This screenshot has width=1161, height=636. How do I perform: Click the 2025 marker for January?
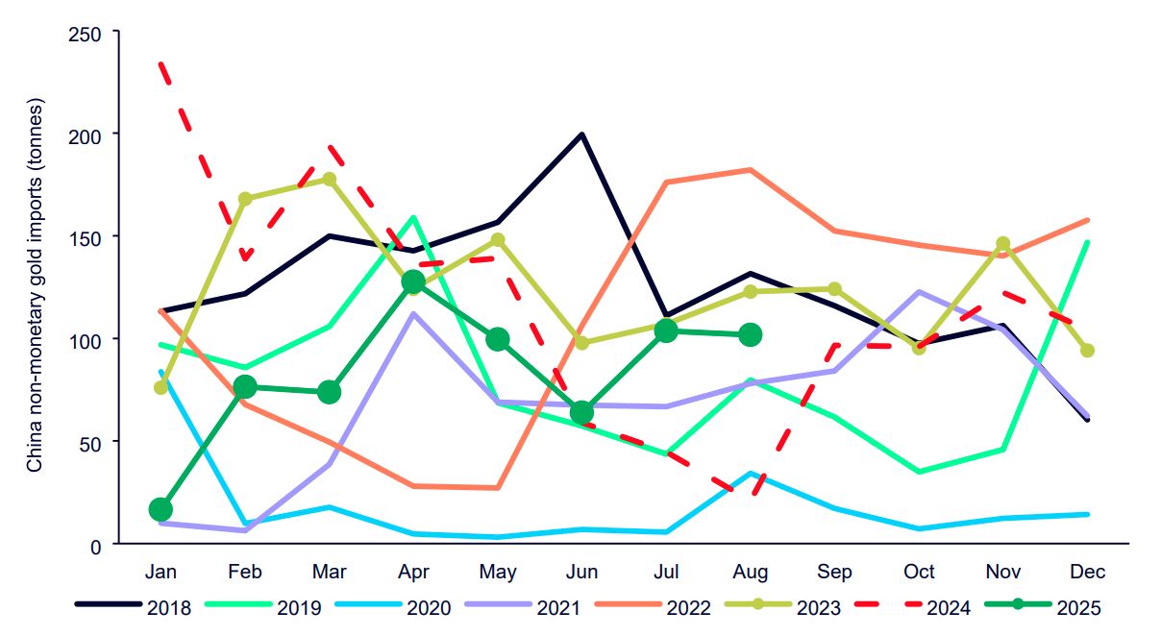click(161, 509)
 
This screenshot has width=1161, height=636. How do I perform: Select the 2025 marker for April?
click(413, 281)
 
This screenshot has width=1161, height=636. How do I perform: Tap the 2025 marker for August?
click(751, 334)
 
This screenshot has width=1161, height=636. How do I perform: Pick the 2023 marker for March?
click(329, 180)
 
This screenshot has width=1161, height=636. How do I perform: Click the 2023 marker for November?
click(1002, 244)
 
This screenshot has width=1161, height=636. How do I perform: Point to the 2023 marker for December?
click(1087, 351)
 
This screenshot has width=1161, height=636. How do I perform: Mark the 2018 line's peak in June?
click(581, 135)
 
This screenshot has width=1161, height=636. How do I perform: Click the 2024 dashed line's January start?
click(161, 63)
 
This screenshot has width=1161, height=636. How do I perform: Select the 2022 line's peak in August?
click(751, 170)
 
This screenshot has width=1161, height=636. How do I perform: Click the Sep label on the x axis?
click(834, 573)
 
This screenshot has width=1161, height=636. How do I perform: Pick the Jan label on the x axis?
click(161, 573)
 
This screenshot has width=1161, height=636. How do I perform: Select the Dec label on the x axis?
click(1087, 573)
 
